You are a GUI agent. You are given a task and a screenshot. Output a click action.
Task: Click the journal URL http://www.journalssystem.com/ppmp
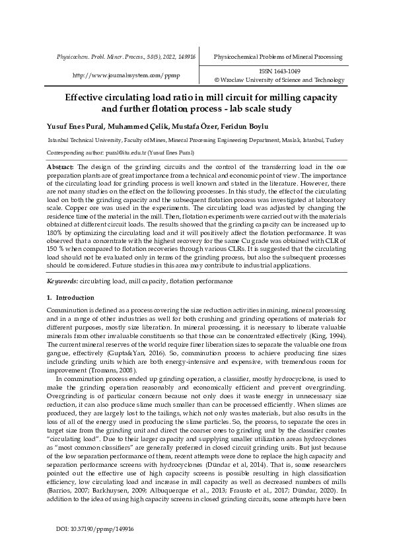125,75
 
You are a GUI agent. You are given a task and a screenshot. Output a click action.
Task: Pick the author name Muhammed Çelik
132,126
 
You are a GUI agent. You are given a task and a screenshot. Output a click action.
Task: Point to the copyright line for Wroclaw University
276,80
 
